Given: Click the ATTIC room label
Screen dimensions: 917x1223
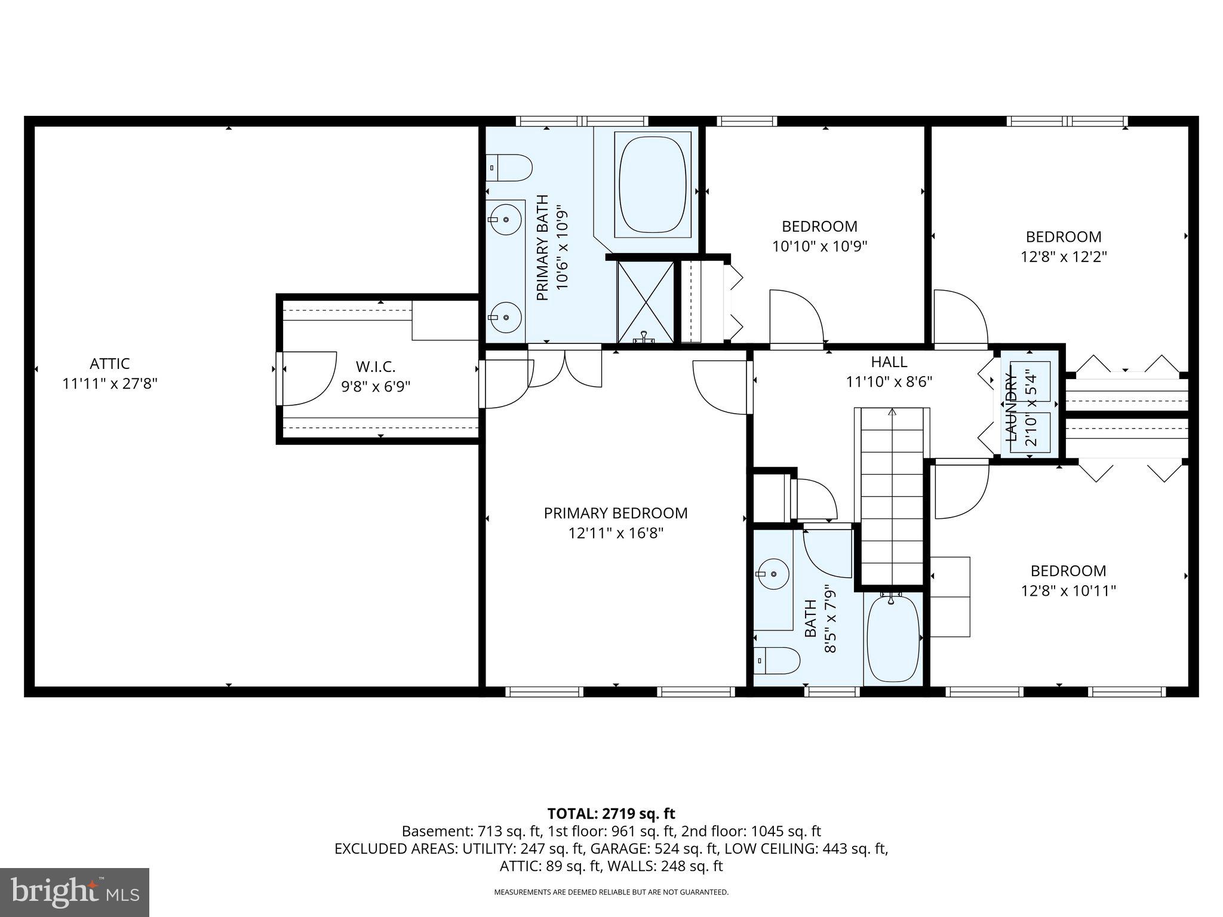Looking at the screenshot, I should [110, 364].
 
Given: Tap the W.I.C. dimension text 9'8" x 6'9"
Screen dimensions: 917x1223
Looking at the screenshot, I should [376, 387].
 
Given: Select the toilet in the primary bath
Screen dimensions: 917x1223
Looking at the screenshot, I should [509, 168].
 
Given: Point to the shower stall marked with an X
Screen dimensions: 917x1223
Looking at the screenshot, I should [645, 301].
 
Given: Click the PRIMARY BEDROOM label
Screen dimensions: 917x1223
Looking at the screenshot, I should [616, 513].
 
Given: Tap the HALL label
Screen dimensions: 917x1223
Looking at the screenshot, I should [889, 362].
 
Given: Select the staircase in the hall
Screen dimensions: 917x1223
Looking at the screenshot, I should [892, 496].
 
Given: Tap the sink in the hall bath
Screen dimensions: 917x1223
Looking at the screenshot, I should [773, 574].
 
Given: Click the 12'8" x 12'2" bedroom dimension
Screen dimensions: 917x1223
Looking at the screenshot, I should [1064, 257].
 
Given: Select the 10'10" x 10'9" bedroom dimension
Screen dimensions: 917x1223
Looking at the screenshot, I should [819, 247].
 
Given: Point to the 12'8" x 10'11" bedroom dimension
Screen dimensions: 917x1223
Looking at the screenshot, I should [1068, 591].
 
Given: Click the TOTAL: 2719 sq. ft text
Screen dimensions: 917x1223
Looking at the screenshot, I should [611, 814].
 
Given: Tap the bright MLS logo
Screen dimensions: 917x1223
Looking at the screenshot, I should [75, 893].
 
